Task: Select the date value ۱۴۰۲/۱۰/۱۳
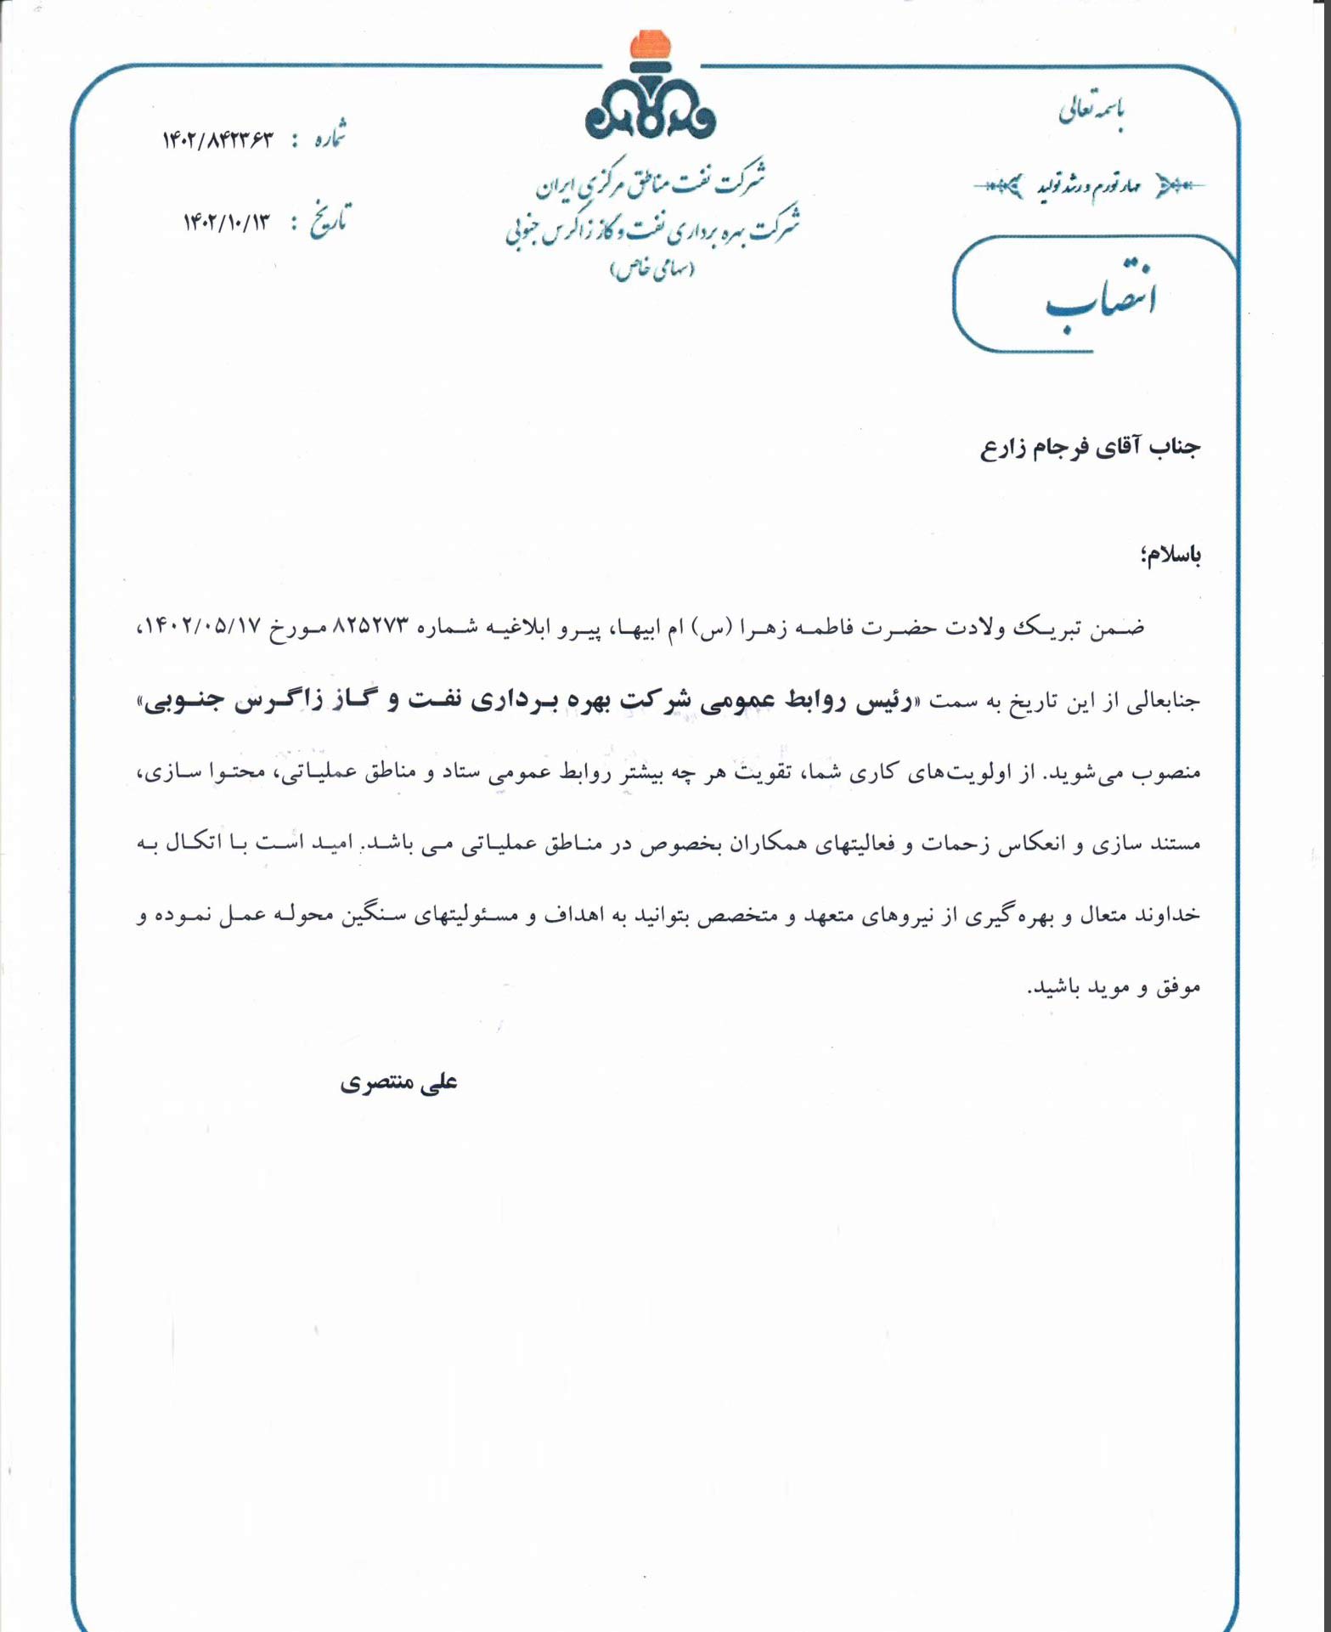pos(226,223)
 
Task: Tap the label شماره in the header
pos(326,138)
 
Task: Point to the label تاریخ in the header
pos(327,223)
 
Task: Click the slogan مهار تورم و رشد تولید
pos(1088,185)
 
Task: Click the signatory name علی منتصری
pos(398,1083)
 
